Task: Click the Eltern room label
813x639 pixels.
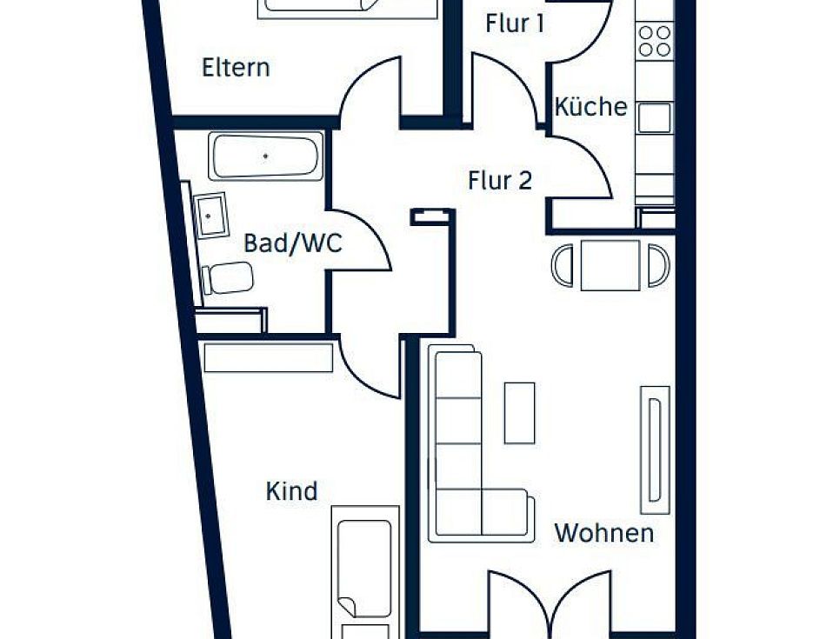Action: point(236,68)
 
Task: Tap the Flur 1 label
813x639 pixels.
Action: point(515,23)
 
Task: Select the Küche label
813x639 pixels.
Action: point(591,106)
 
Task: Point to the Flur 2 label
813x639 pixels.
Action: point(500,181)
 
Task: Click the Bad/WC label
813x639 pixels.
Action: point(293,243)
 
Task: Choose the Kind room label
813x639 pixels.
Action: point(291,491)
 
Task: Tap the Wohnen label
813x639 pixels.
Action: point(604,533)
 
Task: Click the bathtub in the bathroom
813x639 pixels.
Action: point(265,156)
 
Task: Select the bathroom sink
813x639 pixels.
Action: point(210,215)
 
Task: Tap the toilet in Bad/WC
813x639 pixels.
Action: point(228,278)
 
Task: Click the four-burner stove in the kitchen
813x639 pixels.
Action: point(655,41)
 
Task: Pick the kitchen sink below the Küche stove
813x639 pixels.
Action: point(655,118)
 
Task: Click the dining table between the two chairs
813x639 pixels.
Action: point(610,265)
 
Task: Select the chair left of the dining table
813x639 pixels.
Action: point(563,265)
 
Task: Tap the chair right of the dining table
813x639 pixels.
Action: point(658,265)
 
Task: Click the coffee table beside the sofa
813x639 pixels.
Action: point(519,413)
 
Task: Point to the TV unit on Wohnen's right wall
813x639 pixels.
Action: point(656,449)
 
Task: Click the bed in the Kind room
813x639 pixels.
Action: point(365,572)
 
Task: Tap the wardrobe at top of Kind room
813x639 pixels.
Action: point(269,357)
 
